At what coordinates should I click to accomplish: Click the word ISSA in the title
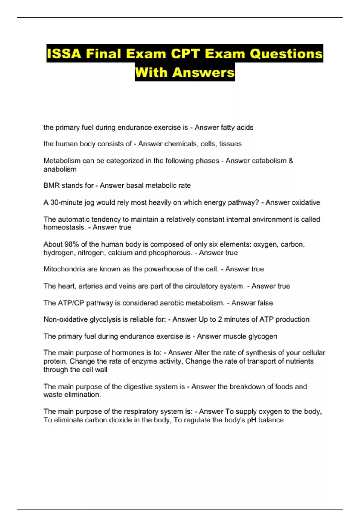[64, 54]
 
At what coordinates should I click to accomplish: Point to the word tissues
[230, 144]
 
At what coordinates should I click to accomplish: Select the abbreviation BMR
[52, 186]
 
